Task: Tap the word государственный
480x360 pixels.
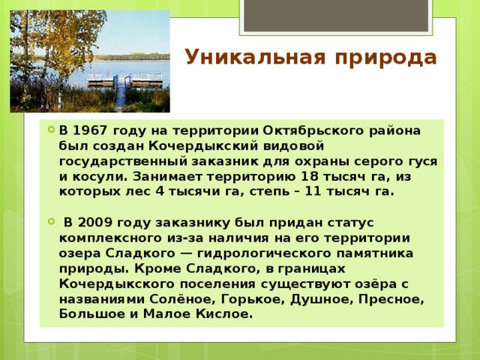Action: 121,161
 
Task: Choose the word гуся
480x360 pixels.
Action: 420,161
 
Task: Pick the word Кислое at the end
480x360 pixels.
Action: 221,314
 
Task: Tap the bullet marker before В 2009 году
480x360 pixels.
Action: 49,223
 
